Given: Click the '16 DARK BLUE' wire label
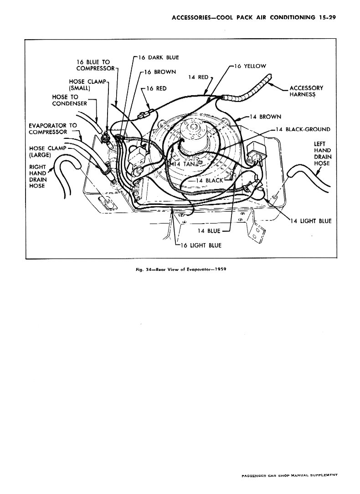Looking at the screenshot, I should point(159,58).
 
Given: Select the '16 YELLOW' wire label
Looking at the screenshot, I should point(250,66).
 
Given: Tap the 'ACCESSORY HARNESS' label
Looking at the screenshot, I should point(306,91).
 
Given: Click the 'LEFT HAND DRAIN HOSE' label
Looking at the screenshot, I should point(323,153).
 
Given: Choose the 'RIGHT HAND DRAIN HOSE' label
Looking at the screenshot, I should point(38,176).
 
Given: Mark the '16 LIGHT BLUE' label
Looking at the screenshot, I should point(201,245).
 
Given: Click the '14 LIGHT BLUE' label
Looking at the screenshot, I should point(311,221).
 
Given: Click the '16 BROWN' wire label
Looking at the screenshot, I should point(160,72).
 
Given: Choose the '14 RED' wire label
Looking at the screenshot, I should point(198,77).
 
